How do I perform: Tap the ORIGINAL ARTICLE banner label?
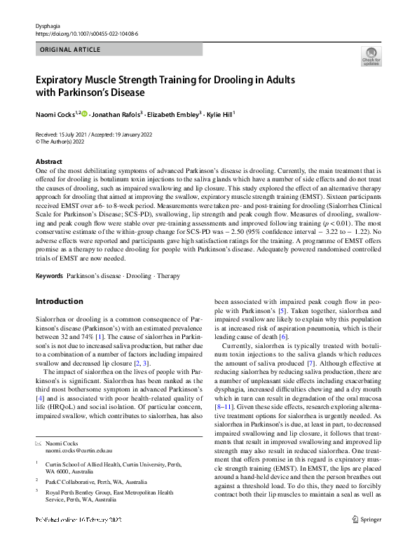(x=71, y=50)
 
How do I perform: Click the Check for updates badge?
(x=370, y=57)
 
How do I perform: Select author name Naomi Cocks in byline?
(x=55, y=113)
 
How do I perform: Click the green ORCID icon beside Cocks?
(x=85, y=112)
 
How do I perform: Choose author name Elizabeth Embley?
(x=174, y=113)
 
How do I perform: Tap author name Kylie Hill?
(x=219, y=113)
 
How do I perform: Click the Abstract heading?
(x=49, y=161)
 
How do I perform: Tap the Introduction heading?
(x=59, y=301)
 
